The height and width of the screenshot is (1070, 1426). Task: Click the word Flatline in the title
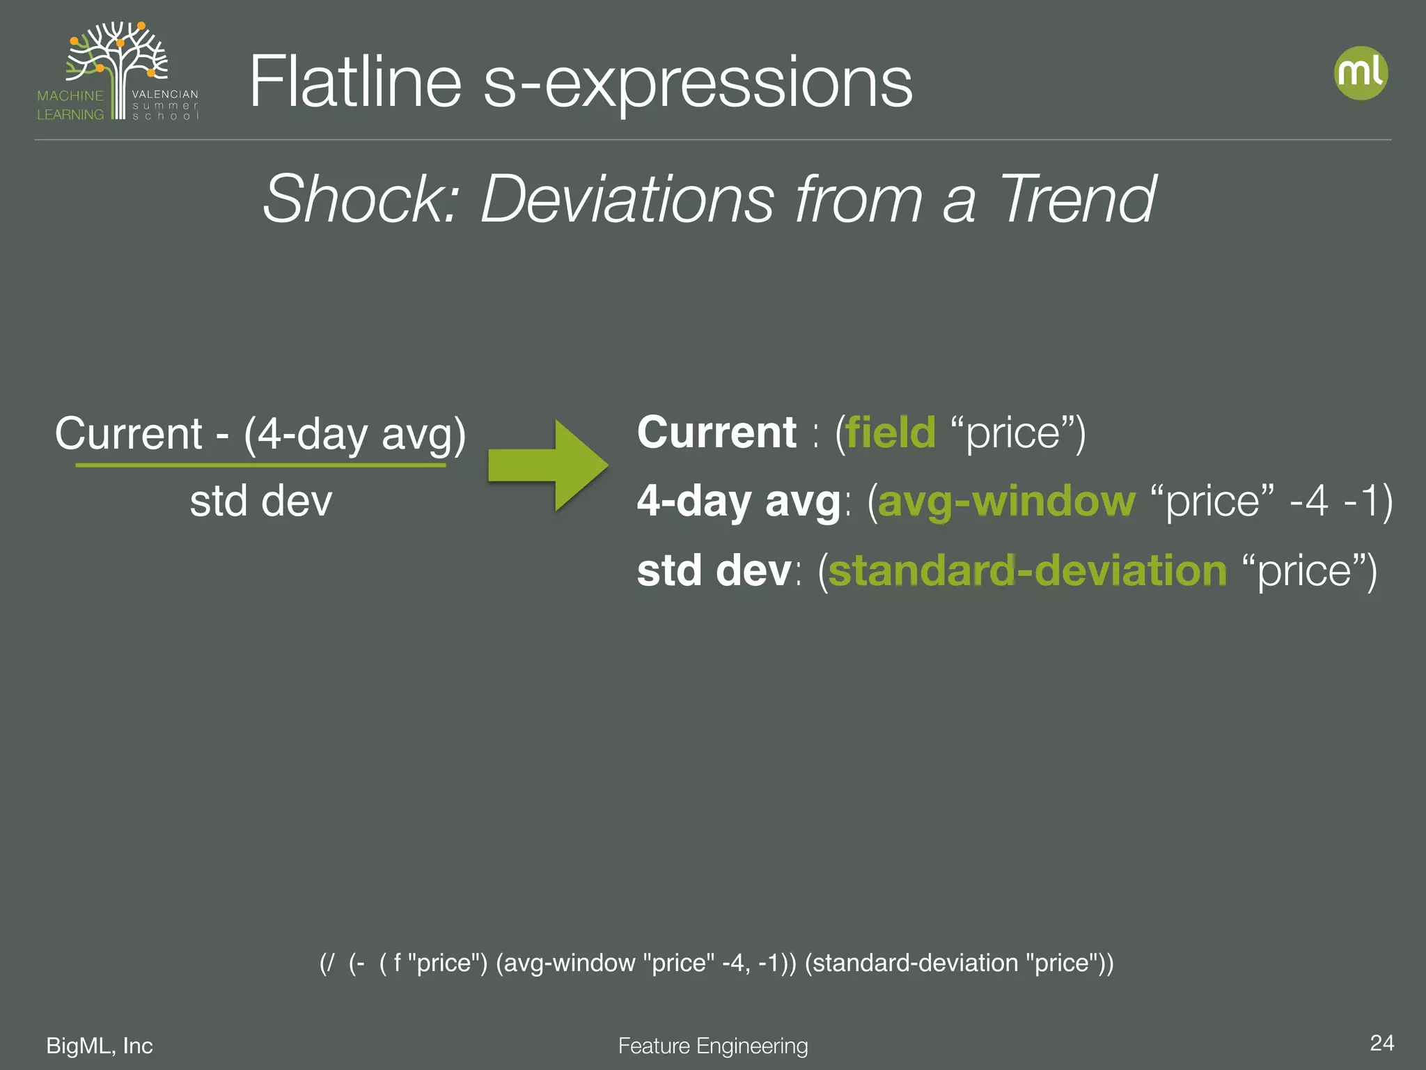[x=355, y=82]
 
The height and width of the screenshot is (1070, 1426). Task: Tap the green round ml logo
[x=1361, y=73]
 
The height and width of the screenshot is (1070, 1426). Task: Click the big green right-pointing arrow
[x=547, y=465]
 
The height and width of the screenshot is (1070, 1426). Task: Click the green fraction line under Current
[x=260, y=465]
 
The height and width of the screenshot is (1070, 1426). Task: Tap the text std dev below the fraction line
[x=260, y=501]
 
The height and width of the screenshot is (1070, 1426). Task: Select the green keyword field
[x=891, y=433]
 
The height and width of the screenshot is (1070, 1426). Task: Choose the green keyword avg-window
[x=1006, y=501]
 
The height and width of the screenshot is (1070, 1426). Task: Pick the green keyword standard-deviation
[x=1027, y=571]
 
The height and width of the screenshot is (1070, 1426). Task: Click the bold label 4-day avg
[x=739, y=501]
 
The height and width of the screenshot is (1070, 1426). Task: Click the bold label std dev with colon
[x=717, y=571]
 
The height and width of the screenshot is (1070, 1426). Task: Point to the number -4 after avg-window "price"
[x=1308, y=501]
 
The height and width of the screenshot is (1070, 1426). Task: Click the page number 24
[x=1381, y=1043]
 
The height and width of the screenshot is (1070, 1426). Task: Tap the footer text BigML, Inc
[x=100, y=1046]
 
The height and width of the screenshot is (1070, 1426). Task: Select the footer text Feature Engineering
[x=713, y=1046]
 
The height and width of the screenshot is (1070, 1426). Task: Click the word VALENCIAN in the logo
[x=165, y=94]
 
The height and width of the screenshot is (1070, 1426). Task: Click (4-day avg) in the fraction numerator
[x=354, y=434]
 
